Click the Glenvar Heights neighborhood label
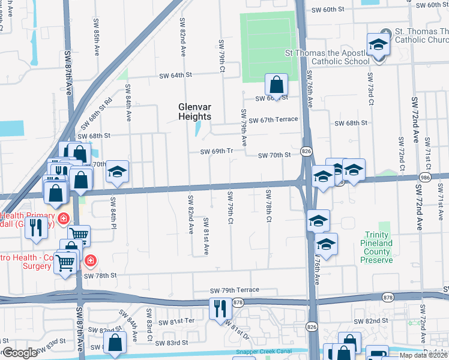pyautogui.click(x=195, y=112)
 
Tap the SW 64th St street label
pyautogui.click(x=175, y=76)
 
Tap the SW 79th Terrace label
pyautogui.click(x=234, y=290)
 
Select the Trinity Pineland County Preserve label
pyautogui.click(x=377, y=248)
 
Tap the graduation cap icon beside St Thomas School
pyautogui.click(x=378, y=45)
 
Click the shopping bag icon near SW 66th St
pyautogui.click(x=276, y=85)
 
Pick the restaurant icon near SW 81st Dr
pyautogui.click(x=220, y=308)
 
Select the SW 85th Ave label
pyautogui.click(x=96, y=42)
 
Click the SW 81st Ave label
pyautogui.click(x=206, y=236)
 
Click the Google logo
pyautogui.click(x=20, y=353)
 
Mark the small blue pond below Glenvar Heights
pyautogui.click(x=197, y=129)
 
